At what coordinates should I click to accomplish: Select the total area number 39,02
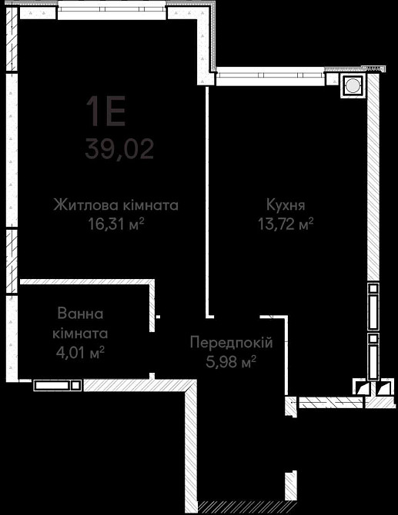point(119,148)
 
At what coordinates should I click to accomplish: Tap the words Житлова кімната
point(116,205)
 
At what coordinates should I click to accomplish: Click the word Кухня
point(286,205)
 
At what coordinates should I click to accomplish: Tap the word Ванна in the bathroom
point(80,314)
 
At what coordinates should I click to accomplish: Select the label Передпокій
point(232,342)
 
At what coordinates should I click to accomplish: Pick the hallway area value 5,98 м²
point(230,360)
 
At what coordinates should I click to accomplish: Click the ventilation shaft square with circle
point(353,87)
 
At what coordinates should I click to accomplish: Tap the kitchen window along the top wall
point(269,75)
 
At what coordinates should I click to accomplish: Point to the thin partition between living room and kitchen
point(207,200)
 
